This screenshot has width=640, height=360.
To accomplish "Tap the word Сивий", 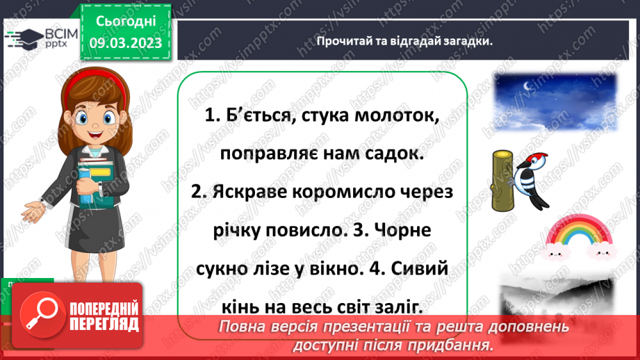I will pos(416,268).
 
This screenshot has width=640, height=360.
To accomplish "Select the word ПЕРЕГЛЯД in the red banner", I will pos(106,323).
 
